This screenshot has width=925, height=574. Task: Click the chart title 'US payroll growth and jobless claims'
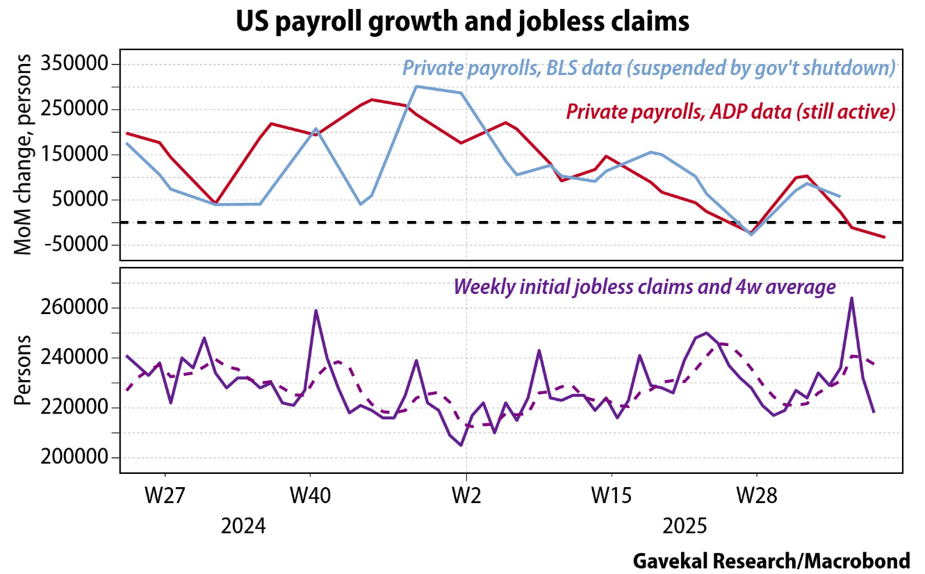click(462, 22)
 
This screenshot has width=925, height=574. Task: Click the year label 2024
click(243, 525)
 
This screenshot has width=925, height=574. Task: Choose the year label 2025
click(685, 525)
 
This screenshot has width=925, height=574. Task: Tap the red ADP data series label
click(730, 111)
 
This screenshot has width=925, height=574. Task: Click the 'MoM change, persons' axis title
click(24, 154)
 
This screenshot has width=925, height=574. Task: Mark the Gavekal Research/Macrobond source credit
click(771, 561)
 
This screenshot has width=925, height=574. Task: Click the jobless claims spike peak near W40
click(316, 311)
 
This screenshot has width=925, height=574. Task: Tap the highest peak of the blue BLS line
click(416, 86)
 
